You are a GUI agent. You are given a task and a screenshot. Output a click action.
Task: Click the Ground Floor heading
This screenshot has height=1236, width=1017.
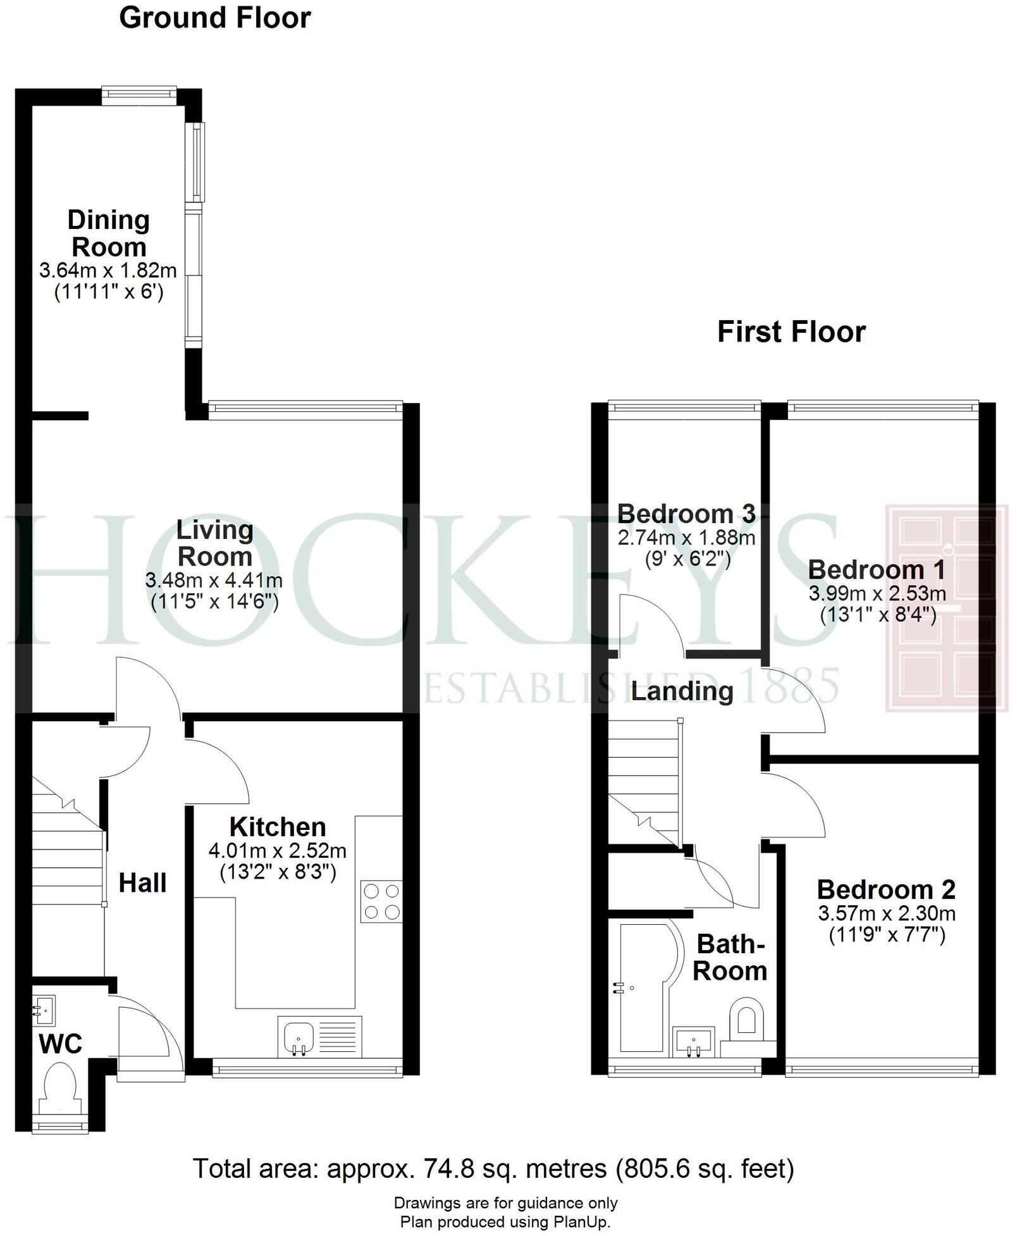pos(214,18)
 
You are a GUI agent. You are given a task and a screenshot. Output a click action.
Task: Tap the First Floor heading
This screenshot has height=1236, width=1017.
pos(791,332)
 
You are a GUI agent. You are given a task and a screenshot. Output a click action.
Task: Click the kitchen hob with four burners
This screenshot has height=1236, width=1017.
pos(381,901)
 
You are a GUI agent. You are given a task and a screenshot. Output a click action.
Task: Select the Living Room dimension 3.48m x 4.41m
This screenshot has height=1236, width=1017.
pos(214,580)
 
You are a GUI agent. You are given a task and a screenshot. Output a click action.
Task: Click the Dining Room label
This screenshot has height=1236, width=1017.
pos(109,233)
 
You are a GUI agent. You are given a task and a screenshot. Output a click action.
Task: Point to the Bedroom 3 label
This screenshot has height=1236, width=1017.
pos(686,514)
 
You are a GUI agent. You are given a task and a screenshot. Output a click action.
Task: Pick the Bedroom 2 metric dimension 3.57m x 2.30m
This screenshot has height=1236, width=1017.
pos(886,913)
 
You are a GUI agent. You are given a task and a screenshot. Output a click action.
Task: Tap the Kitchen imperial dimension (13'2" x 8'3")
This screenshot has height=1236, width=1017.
pos(278,872)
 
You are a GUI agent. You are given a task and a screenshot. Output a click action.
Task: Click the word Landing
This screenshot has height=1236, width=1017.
pos(682,691)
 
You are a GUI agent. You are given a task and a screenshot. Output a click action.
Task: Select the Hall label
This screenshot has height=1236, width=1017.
pos(143,882)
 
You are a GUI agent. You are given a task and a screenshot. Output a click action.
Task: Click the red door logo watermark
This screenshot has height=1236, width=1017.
pos(946,608)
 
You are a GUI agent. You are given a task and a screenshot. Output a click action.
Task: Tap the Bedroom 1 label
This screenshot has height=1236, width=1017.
pos(877,570)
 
